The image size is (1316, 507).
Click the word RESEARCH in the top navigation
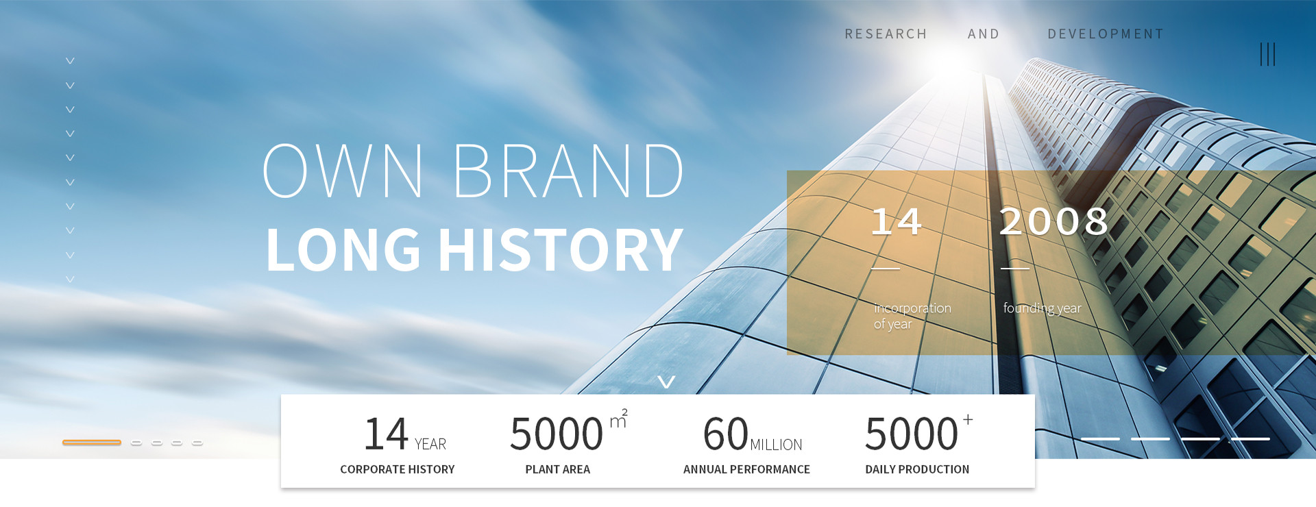coord(886,34)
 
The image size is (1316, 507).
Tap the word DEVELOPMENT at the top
coord(1106,34)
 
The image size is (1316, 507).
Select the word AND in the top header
coord(984,34)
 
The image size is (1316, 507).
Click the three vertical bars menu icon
coord(1267,55)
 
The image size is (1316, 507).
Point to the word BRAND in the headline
coord(568,171)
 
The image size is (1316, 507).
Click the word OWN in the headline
coord(343,171)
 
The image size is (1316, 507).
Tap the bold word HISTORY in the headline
coord(561,249)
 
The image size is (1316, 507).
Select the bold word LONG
coord(343,249)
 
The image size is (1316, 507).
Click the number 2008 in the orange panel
coord(1054,222)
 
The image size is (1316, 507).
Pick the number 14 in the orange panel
coord(897,222)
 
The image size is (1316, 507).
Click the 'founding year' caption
coord(1043,308)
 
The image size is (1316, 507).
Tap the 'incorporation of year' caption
coord(912,316)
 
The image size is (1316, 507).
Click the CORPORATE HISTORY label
coord(398,469)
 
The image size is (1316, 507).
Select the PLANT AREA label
coord(558,469)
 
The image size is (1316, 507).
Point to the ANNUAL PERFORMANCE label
coord(746,469)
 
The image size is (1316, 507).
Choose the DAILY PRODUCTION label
coord(917,469)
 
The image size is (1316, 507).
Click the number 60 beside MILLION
coord(726,434)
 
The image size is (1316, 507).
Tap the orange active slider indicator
coord(92,443)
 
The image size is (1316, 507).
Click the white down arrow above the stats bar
coord(666,382)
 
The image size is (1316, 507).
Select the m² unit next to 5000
coord(618,419)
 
